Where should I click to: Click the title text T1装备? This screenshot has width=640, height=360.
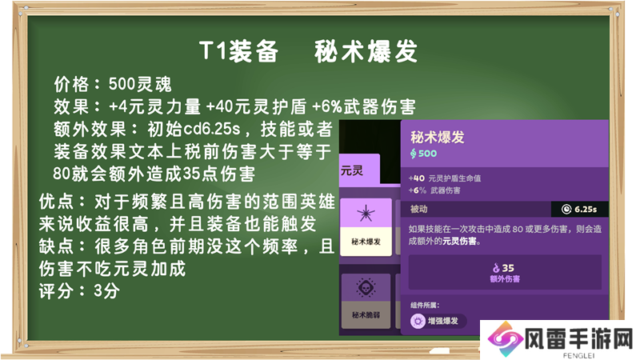pyautogui.click(x=238, y=51)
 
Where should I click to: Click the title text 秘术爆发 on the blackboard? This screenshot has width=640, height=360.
pyautogui.click(x=366, y=51)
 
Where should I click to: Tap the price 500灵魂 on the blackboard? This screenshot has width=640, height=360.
pyautogui.click(x=140, y=85)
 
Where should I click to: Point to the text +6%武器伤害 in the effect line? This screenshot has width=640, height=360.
pyautogui.click(x=364, y=107)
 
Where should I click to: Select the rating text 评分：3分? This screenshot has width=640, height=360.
pyautogui.click(x=79, y=291)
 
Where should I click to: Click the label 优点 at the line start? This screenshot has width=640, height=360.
pyautogui.click(x=56, y=202)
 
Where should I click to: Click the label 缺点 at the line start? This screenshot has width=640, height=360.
pyautogui.click(x=56, y=246)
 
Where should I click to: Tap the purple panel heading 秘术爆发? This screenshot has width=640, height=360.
pyautogui.click(x=437, y=137)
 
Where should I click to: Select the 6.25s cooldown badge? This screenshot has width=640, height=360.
pyautogui.click(x=579, y=209)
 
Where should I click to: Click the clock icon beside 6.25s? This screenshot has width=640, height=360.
pyautogui.click(x=566, y=210)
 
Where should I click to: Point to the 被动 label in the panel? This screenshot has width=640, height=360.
pyautogui.click(x=418, y=209)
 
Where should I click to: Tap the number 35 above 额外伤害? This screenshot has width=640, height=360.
pyautogui.click(x=508, y=268)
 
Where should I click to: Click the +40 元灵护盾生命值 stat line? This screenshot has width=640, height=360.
pyautogui.click(x=445, y=178)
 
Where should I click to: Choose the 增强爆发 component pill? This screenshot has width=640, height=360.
pyautogui.click(x=438, y=322)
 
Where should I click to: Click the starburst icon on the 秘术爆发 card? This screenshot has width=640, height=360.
pyautogui.click(x=366, y=213)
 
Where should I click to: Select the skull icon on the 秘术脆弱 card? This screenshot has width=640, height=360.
pyautogui.click(x=366, y=287)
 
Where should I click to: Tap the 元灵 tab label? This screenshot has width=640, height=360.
pyautogui.click(x=352, y=170)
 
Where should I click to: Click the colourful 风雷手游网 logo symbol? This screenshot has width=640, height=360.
pyautogui.click(x=505, y=339)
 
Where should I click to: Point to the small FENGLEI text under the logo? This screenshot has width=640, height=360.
pyautogui.click(x=578, y=355)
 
